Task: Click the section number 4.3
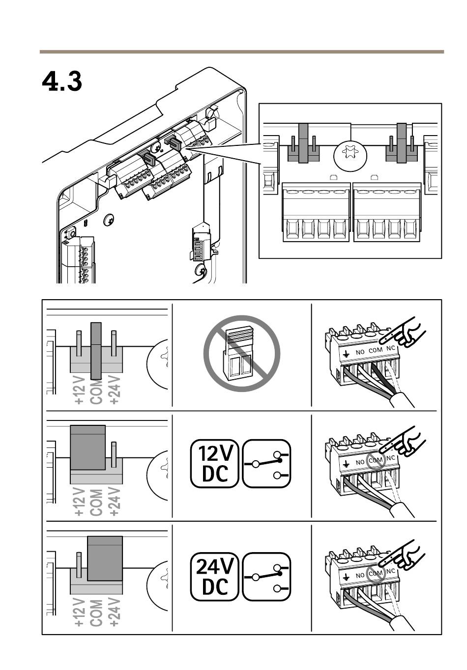coord(62,82)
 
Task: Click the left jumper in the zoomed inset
coord(303,143)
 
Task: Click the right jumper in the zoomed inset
coord(402,143)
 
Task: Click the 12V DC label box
coord(215,463)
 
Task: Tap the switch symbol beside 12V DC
coord(266,463)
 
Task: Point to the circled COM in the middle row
coord(375,461)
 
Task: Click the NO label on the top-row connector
coord(360,352)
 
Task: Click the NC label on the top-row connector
coord(391,348)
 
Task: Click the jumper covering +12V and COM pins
coord(88,447)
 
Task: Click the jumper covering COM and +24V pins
coord(105,558)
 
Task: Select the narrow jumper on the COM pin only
coord(96,350)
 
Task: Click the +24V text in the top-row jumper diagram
coord(114,390)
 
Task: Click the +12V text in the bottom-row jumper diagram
coord(80,612)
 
